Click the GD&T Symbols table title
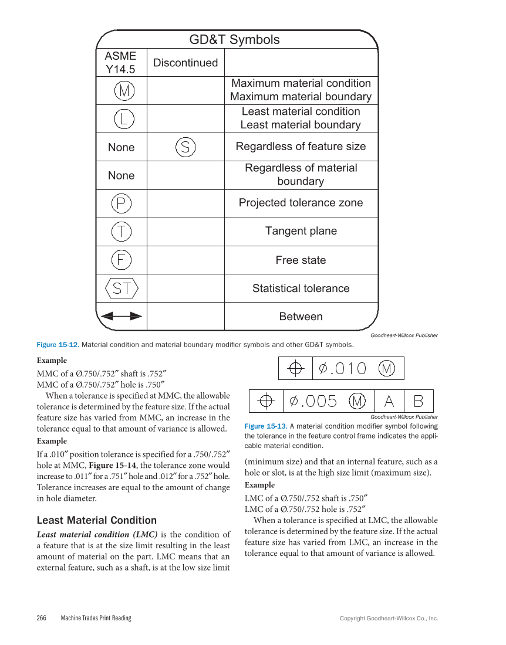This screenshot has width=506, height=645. click(x=234, y=40)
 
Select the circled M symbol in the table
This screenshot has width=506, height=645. click(x=123, y=91)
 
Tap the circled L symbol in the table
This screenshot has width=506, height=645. click(x=123, y=119)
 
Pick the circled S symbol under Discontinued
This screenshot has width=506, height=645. click(x=185, y=147)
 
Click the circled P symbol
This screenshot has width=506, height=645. click(x=121, y=203)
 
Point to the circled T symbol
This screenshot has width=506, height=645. click(x=121, y=232)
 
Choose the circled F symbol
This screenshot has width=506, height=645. click(x=121, y=260)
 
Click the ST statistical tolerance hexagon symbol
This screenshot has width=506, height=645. click(x=121, y=288)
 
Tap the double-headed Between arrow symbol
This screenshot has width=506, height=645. click(x=121, y=316)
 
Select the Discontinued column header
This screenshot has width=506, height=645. click(x=185, y=63)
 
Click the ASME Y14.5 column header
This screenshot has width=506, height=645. click(x=120, y=62)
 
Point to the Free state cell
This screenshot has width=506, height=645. click(x=301, y=260)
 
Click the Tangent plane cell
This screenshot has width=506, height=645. click(x=301, y=231)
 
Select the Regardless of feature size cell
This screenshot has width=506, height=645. click(x=301, y=147)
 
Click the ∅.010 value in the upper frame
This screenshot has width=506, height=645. click(x=342, y=369)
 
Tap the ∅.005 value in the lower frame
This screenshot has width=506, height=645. click(x=313, y=401)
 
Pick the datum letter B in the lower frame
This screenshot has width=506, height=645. click(x=418, y=401)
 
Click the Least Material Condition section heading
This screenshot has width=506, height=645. click(x=97, y=520)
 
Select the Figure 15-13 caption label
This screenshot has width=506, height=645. click(x=264, y=426)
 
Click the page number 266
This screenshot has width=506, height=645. click(x=42, y=618)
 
